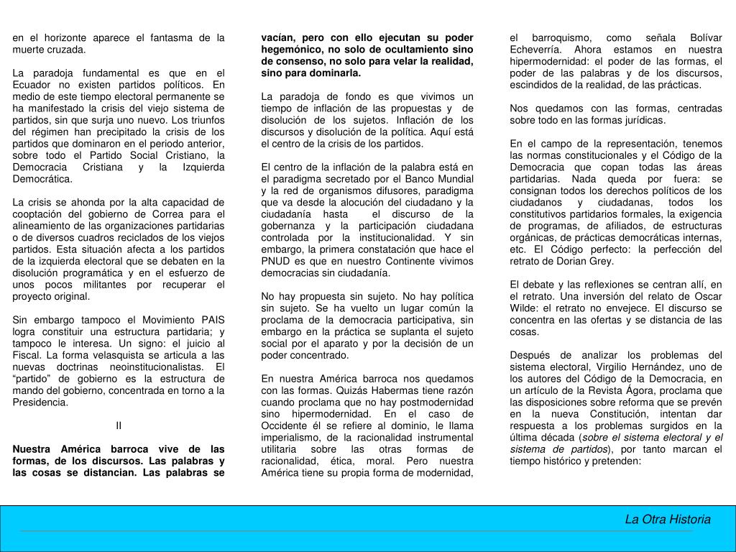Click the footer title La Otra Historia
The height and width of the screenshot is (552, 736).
point(667,519)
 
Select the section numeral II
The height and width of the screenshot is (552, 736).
point(119,425)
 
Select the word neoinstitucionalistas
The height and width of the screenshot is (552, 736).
point(156,367)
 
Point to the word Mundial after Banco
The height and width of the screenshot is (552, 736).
point(454,178)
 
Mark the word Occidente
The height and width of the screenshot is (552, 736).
point(285,425)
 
